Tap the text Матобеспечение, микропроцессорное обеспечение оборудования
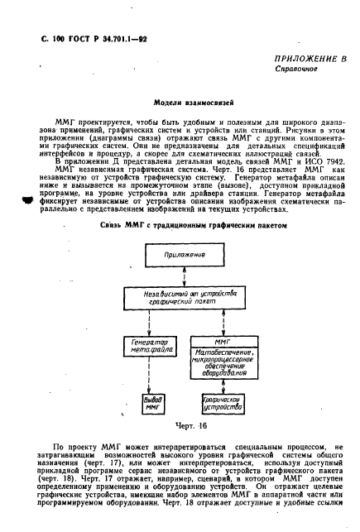tap(222, 361)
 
